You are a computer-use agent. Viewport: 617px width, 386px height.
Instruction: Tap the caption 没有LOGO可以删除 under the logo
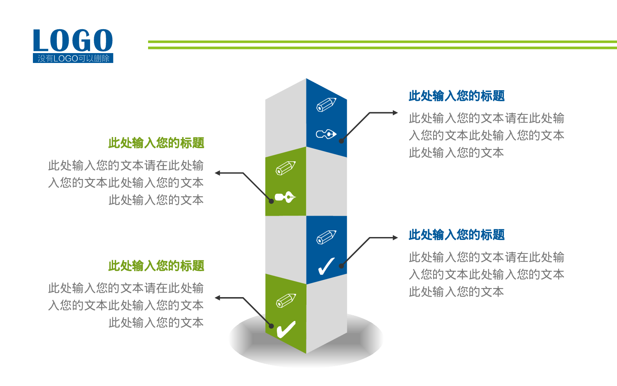coord(73,58)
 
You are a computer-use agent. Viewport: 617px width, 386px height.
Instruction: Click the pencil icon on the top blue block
coord(326,105)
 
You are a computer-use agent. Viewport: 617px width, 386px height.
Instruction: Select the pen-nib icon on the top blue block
coord(326,134)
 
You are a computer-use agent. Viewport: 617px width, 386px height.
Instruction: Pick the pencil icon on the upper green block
coord(285,168)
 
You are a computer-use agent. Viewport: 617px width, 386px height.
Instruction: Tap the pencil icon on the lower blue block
coord(326,237)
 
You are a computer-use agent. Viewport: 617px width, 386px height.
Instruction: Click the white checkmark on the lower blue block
coord(327,266)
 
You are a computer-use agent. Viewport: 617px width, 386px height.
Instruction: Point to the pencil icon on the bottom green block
coord(286,300)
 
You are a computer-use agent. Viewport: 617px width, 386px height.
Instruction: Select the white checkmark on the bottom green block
coord(286,329)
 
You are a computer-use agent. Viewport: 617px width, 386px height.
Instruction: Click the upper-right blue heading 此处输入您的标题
coord(457,96)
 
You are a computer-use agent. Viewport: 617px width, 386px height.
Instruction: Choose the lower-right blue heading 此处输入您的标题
coord(457,235)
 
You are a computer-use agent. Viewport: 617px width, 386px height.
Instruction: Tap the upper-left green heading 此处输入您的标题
coord(156,143)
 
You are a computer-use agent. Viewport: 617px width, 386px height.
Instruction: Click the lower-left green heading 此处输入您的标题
coord(156,266)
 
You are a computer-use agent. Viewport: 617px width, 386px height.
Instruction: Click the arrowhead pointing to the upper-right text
coord(395,112)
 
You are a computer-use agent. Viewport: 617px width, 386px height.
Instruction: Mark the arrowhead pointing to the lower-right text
coord(395,237)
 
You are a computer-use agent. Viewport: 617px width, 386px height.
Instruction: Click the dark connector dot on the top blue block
coord(341,141)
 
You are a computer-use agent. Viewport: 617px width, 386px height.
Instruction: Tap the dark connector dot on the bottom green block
coord(271,326)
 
